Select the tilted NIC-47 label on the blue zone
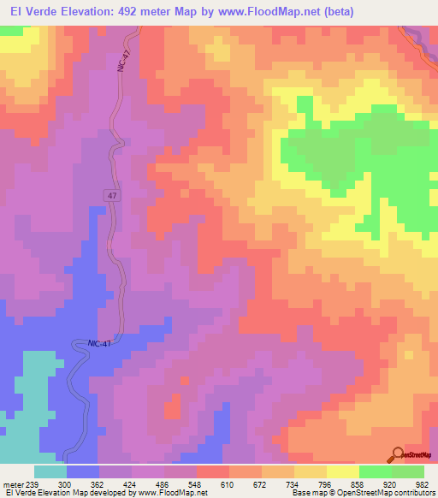101,342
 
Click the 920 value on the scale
390,483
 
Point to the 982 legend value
422,483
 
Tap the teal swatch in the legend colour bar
50,471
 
